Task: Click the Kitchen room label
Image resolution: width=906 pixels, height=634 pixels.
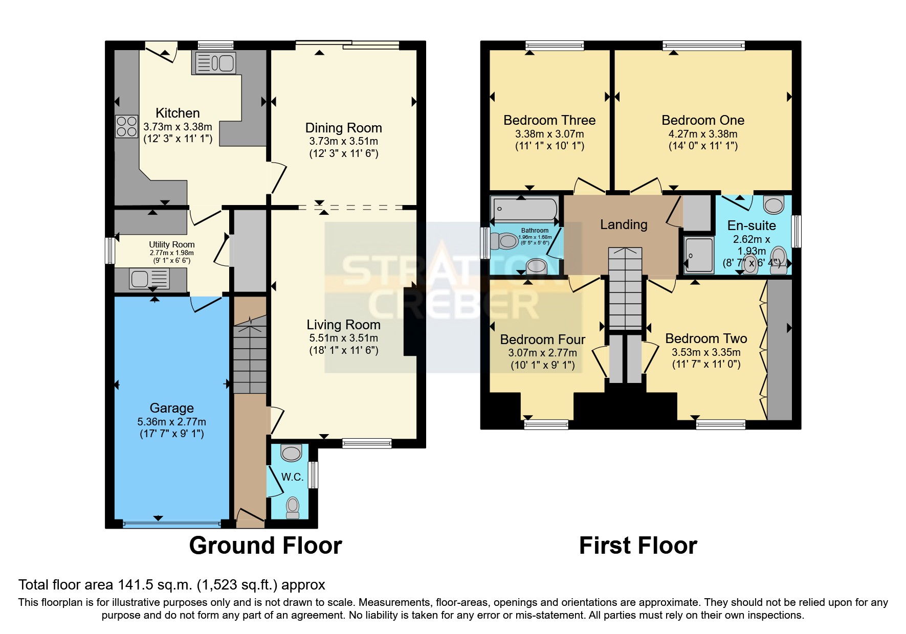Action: [x=178, y=113]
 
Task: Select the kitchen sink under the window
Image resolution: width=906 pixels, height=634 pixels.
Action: [x=214, y=63]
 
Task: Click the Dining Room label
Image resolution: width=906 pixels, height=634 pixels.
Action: [x=343, y=128]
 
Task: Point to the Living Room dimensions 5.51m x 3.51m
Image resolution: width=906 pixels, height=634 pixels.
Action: [x=343, y=338]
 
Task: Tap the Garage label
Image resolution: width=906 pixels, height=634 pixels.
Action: [x=171, y=408]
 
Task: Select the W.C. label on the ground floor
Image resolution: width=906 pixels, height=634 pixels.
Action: [x=292, y=477]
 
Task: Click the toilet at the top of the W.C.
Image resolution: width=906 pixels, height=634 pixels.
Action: [x=292, y=453]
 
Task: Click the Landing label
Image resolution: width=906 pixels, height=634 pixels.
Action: [x=624, y=224]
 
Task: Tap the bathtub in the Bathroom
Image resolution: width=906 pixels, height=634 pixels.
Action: [x=524, y=209]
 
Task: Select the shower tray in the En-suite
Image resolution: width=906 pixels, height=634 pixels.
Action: [x=699, y=255]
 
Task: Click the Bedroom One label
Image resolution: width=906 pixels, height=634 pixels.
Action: [x=702, y=120]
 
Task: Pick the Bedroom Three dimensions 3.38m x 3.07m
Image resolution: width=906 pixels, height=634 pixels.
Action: [x=549, y=134]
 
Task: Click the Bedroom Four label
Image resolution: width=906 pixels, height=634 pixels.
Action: [x=542, y=339]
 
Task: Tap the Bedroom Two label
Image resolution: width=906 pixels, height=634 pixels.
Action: [x=706, y=338]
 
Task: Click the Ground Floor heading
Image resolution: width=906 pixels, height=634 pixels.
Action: [x=266, y=546]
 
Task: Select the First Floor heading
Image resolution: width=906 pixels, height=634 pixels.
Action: [x=638, y=546]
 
